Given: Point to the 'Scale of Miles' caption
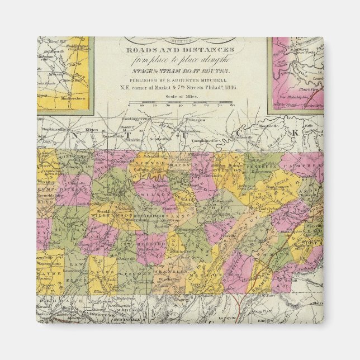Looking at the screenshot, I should (179, 96).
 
